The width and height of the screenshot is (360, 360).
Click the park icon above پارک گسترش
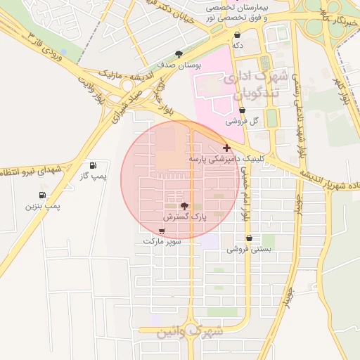[184, 207]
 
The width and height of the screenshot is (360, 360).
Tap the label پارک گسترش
[184, 218]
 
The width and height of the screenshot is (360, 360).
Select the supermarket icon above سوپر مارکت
[162, 231]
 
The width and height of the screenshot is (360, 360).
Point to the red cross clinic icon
[226, 148]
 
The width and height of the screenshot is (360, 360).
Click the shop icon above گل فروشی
[242, 110]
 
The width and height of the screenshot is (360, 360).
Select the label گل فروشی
[242, 121]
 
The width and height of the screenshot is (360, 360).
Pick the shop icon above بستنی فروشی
[248, 238]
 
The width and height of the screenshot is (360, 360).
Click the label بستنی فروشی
[248, 249]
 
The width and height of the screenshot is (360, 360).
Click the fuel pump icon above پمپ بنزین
[44, 195]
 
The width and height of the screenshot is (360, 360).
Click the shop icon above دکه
[238, 34]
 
